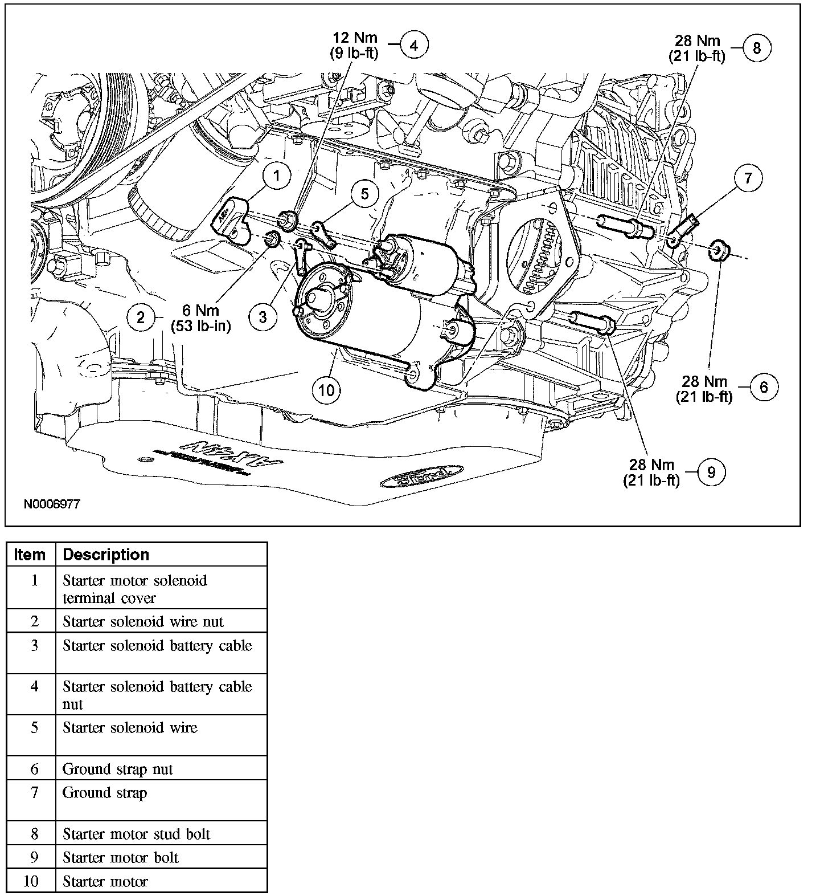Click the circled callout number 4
[414, 45]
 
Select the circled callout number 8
[756, 48]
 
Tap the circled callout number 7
[748, 178]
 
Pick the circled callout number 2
[141, 317]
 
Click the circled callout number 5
[364, 194]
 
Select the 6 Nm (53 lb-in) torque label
[200, 318]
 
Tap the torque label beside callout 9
[651, 473]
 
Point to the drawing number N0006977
[52, 504]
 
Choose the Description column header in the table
[106, 555]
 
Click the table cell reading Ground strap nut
[118, 769]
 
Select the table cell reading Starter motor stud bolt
[137, 834]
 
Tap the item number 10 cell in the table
[31, 881]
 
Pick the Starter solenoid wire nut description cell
[143, 621]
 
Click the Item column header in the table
[30, 555]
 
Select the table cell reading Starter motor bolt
[121, 857]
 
